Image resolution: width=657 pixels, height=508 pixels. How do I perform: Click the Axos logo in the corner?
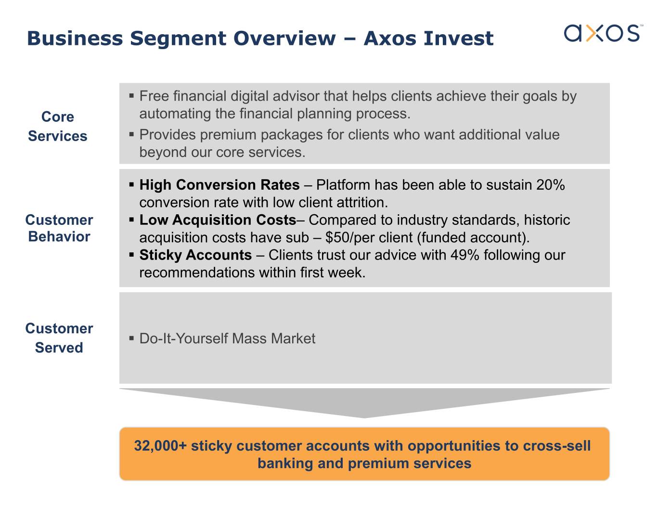[603, 33]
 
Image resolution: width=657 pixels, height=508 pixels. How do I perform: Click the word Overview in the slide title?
[284, 39]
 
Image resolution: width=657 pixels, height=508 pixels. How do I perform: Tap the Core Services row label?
[58, 126]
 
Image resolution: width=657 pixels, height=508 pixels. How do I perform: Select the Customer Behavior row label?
[59, 228]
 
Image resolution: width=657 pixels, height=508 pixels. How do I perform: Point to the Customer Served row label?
[59, 338]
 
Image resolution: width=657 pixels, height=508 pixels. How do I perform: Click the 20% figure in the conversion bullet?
[550, 185]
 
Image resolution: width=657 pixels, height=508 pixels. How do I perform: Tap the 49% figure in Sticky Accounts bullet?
[464, 255]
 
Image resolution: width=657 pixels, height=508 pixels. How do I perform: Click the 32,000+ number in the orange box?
[160, 446]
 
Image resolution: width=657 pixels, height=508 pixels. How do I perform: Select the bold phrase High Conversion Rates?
[219, 185]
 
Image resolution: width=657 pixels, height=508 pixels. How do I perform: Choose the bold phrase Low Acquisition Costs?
[218, 220]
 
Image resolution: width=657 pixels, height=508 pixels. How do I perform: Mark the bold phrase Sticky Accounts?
[195, 255]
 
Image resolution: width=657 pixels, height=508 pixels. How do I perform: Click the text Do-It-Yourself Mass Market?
[227, 339]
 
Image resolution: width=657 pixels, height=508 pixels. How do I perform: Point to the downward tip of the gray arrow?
[364, 418]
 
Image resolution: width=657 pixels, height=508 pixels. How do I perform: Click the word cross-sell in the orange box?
[557, 446]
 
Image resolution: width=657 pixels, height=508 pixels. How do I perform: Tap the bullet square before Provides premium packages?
[131, 134]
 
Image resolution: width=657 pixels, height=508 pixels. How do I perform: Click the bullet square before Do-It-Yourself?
[131, 338]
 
